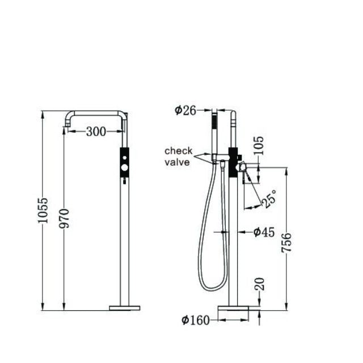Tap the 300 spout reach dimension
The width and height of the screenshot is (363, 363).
pyautogui.click(x=96, y=132)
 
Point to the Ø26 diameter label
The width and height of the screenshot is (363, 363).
pyautogui.click(x=185, y=111)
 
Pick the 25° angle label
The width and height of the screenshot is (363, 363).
pyautogui.click(x=270, y=199)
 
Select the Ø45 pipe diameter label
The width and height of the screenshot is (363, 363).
pyautogui.click(x=264, y=231)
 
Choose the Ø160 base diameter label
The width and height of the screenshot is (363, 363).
pyautogui.click(x=196, y=320)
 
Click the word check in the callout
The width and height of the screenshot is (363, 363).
pyautogui.click(x=178, y=151)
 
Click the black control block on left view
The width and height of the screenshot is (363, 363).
pyautogui.click(x=124, y=162)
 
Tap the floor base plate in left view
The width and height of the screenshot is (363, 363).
pyautogui.click(x=124, y=308)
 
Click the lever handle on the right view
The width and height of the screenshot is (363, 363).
pyautogui.click(x=245, y=174)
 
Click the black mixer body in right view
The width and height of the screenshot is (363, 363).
pyautogui.click(x=233, y=161)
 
